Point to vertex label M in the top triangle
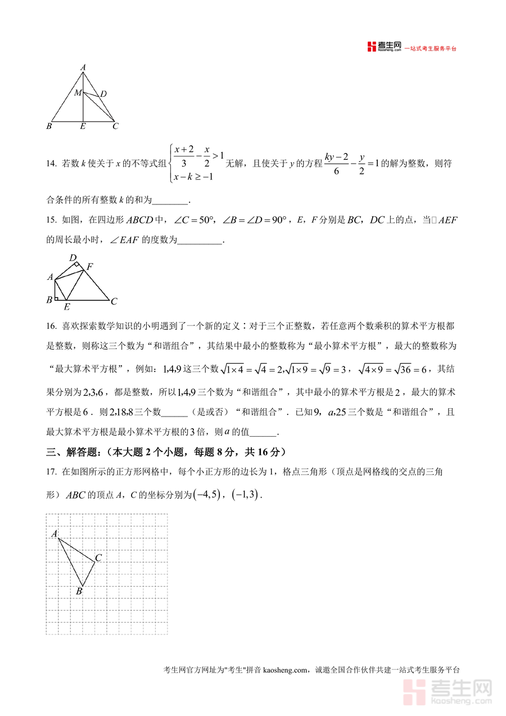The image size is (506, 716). click(x=78, y=92)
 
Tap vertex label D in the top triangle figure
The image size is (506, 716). click(x=103, y=94)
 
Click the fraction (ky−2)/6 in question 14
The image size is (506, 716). click(x=336, y=163)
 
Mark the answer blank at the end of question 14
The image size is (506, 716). click(x=170, y=200)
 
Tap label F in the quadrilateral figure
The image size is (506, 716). click(x=89, y=266)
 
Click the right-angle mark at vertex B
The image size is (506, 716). click(x=57, y=298)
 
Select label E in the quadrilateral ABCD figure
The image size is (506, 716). click(x=67, y=307)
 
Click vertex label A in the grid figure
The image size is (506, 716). click(x=55, y=534)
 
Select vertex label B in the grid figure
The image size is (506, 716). click(x=79, y=591)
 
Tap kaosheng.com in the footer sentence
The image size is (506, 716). click(x=285, y=670)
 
